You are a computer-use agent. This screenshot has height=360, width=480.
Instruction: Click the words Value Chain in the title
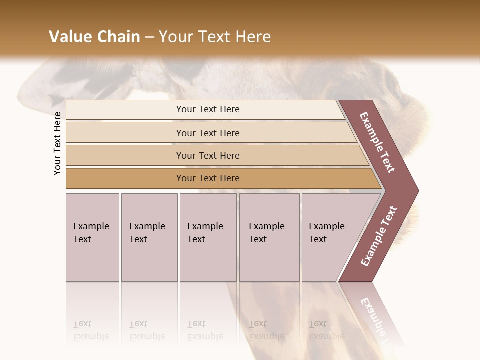[94, 37]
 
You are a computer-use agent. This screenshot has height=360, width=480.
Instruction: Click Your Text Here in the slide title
[215, 37]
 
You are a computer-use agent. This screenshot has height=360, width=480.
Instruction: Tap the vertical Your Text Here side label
[57, 143]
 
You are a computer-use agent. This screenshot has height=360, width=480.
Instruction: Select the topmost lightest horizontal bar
[208, 109]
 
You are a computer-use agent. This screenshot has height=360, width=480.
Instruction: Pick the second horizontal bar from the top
[208, 133]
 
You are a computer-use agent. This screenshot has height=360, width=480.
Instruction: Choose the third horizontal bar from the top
[208, 155]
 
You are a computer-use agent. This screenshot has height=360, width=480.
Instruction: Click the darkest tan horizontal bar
[208, 178]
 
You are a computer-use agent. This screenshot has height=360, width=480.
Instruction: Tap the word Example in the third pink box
[205, 226]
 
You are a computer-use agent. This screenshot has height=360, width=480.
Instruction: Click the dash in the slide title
[149, 37]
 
